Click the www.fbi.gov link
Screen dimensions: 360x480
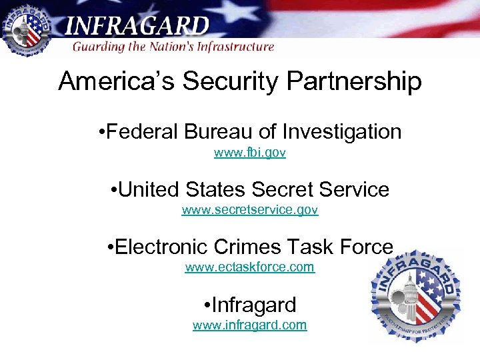(x=250, y=153)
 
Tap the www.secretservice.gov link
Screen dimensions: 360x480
(x=250, y=211)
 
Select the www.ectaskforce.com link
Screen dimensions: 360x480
(x=250, y=268)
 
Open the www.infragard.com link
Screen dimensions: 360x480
(x=250, y=325)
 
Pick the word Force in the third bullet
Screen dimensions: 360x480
(x=366, y=247)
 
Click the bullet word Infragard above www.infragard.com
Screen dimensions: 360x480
(x=254, y=305)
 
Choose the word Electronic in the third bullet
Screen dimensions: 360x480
(x=161, y=247)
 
